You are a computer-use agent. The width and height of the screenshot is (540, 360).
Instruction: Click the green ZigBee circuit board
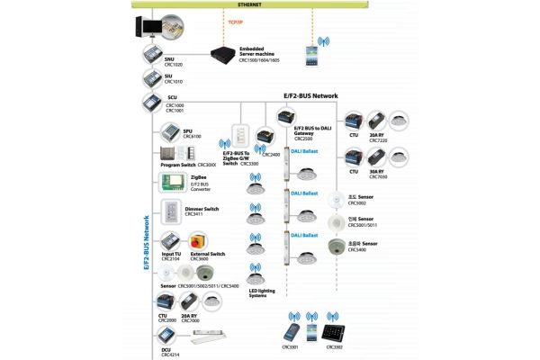point(171,183)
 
